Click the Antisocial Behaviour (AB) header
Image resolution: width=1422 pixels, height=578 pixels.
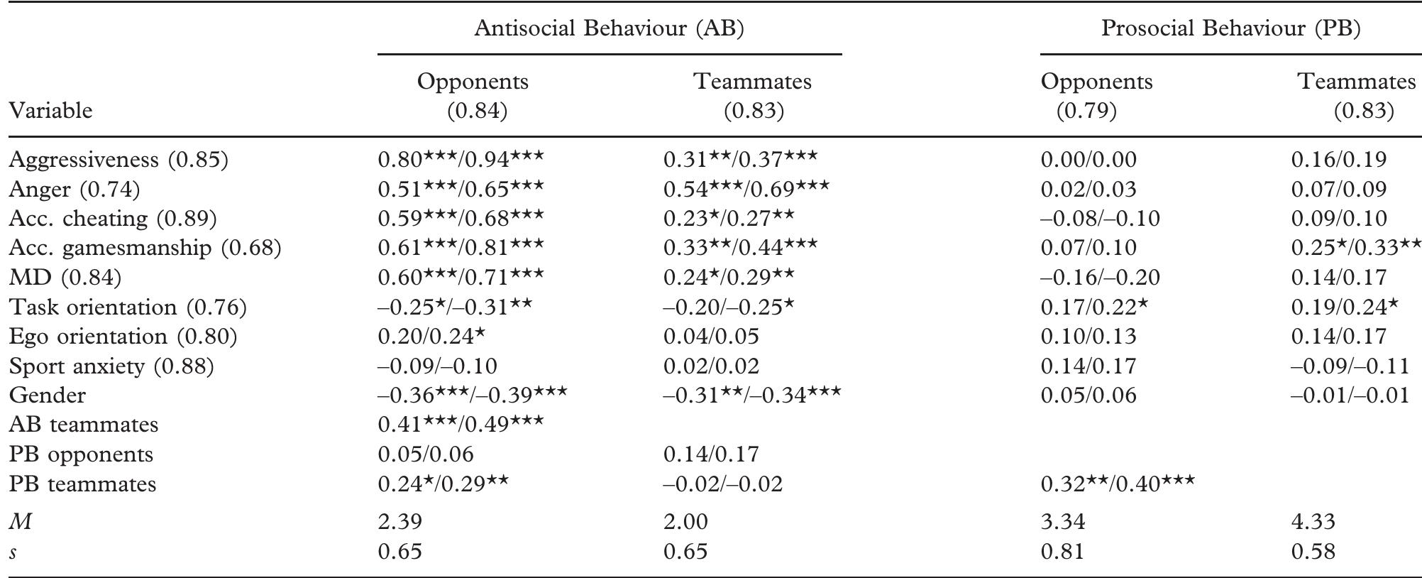click(609, 28)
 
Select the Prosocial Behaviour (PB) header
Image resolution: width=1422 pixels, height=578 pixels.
click(1230, 28)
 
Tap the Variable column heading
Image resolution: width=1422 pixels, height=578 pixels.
click(50, 111)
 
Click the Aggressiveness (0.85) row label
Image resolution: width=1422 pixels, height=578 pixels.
click(118, 159)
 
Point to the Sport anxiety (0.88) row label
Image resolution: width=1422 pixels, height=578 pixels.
click(111, 366)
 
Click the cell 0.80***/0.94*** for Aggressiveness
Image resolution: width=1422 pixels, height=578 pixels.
click(461, 159)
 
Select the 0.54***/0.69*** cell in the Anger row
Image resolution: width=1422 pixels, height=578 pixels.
click(746, 189)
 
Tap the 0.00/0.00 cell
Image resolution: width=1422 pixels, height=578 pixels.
click(1088, 159)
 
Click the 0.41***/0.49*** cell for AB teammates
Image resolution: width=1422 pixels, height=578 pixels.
click(461, 424)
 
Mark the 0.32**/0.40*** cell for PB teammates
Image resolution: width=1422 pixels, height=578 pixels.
click(1118, 484)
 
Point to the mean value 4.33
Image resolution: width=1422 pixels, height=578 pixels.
click(1313, 522)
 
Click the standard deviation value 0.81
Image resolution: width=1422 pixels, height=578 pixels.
click(1062, 552)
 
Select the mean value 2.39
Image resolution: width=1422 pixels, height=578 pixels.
click(400, 522)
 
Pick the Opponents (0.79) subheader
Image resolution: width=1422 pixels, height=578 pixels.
click(1096, 96)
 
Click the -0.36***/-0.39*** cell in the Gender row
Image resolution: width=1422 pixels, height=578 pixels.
click(473, 395)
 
